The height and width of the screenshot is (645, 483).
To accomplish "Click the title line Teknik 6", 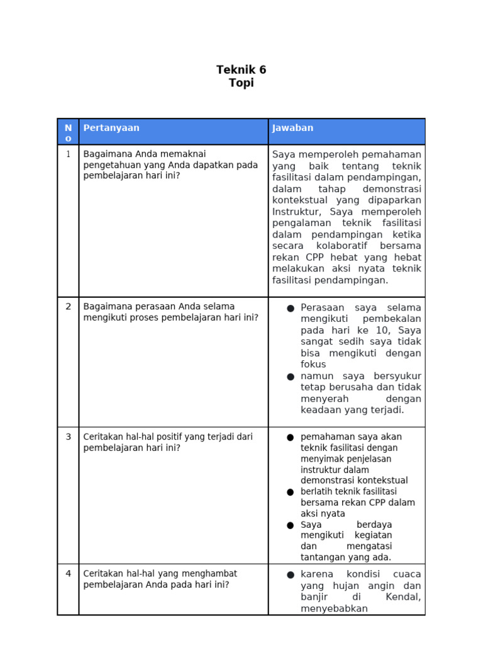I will [x=241, y=70].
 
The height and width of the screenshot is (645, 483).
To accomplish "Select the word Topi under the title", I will [x=241, y=83].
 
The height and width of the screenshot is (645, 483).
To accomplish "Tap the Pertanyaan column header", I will [x=111, y=128].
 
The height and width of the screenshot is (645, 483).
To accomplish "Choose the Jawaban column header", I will [x=292, y=128].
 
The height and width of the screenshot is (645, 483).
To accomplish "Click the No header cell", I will [x=68, y=133].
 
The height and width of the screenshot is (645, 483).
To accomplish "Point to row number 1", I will [x=68, y=154].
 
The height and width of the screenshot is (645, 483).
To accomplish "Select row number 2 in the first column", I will [x=68, y=307].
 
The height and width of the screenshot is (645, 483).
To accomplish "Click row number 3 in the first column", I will [x=68, y=437].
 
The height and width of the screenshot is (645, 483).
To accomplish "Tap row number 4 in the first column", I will [x=68, y=574].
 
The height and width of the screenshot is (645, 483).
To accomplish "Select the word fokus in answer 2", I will [x=313, y=364].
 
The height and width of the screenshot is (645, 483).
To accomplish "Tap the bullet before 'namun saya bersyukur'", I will [x=290, y=377].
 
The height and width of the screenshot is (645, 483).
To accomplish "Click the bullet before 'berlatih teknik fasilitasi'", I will [x=290, y=492].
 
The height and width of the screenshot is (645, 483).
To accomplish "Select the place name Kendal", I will [x=403, y=597].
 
